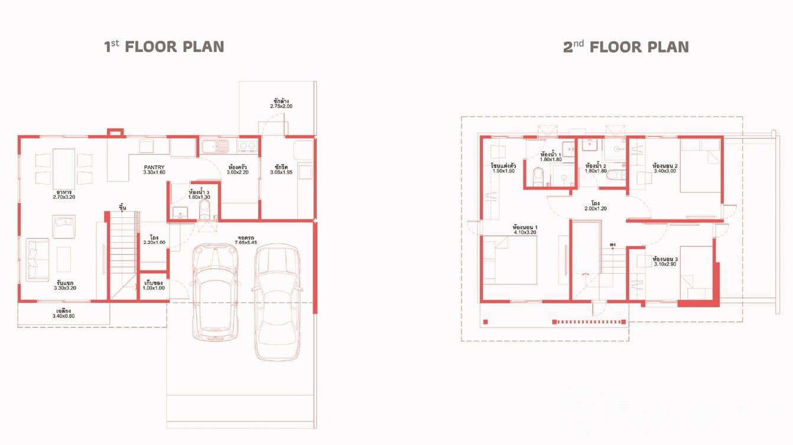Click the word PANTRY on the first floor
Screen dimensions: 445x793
coord(154,167)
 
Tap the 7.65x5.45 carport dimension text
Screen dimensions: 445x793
coord(240,243)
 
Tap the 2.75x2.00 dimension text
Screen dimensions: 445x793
coord(281,106)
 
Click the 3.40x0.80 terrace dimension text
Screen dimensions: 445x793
coord(63,316)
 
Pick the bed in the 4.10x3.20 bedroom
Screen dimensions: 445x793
coord(509,260)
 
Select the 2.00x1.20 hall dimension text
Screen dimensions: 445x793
coord(595,209)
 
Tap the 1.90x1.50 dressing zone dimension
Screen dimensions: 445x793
coord(502,171)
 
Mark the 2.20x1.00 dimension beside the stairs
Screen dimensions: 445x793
coord(154,243)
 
